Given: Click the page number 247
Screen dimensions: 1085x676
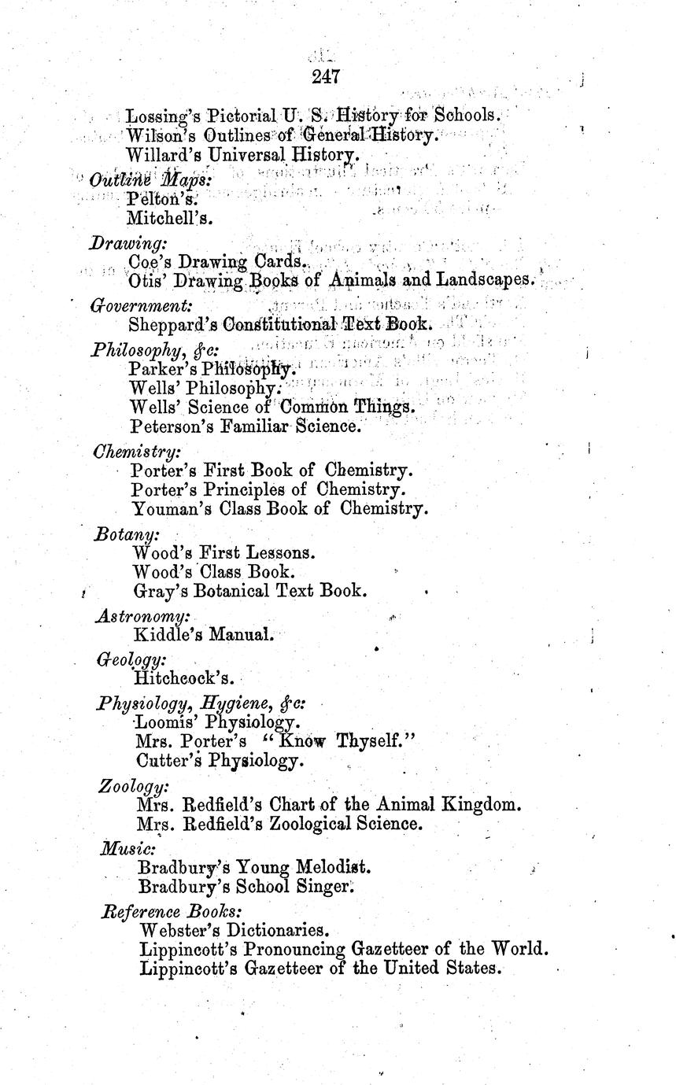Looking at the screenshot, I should click(325, 76).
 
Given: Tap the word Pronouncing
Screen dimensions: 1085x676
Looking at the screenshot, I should click(290, 949).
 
